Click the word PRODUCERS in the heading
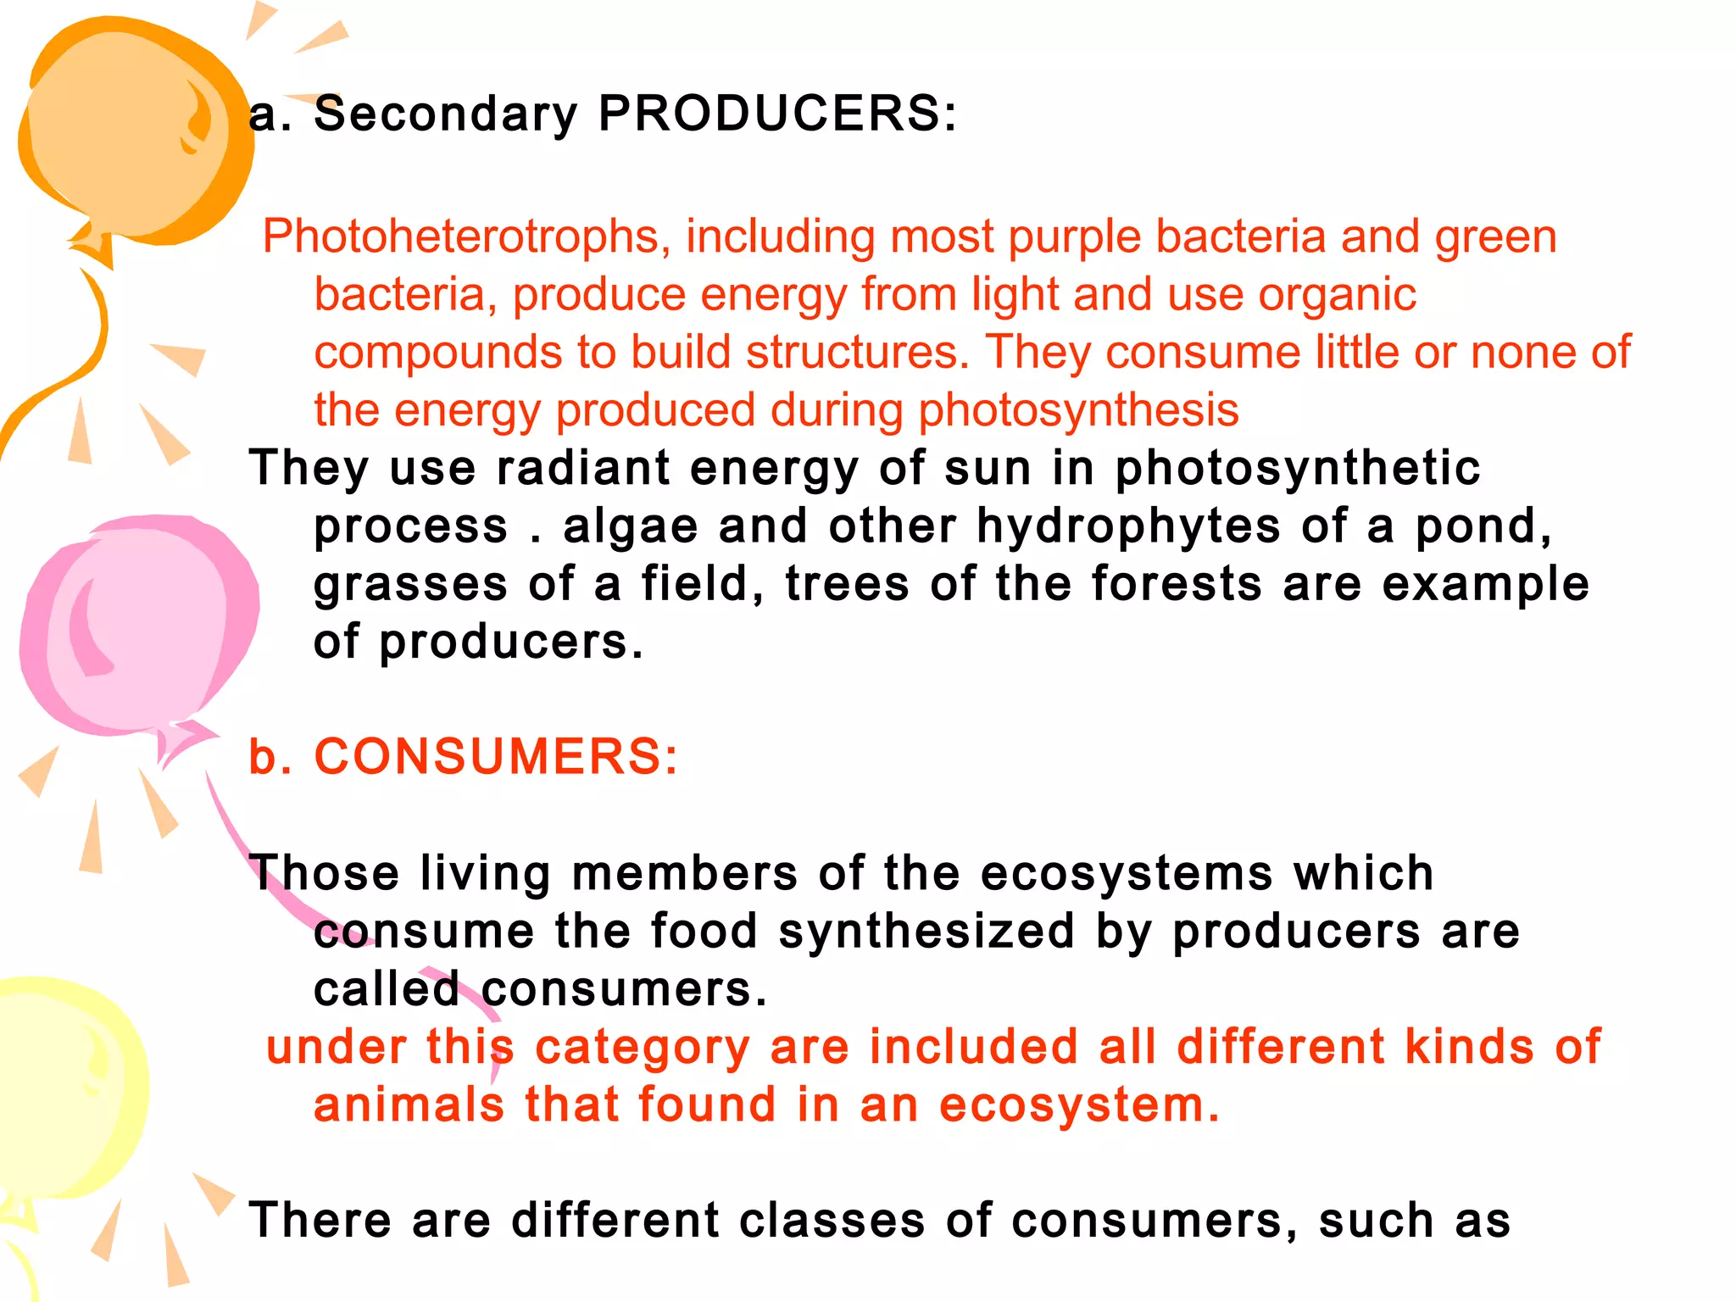click(x=777, y=114)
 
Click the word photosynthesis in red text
click(x=1078, y=411)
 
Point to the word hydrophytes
click(x=1128, y=526)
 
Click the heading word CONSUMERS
click(x=496, y=756)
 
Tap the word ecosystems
click(x=1127, y=873)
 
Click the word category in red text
click(x=643, y=1048)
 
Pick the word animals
click(x=409, y=1105)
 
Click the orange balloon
click(x=127, y=127)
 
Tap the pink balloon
click(x=136, y=627)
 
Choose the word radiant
click(x=583, y=469)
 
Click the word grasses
click(x=410, y=585)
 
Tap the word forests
click(x=1177, y=585)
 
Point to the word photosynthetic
click(x=1297, y=469)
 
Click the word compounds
click(x=437, y=353)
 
